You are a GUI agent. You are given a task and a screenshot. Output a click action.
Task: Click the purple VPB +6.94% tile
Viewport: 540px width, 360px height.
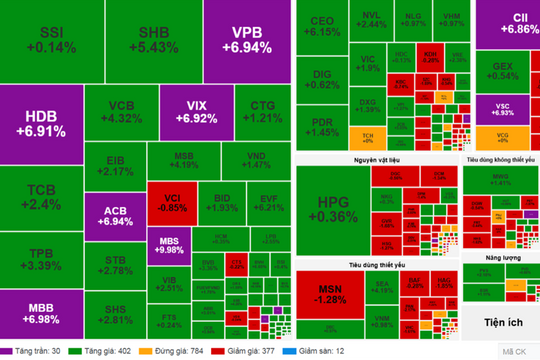point(245,40)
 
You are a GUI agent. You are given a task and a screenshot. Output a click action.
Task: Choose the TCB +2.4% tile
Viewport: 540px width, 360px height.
point(40,197)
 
